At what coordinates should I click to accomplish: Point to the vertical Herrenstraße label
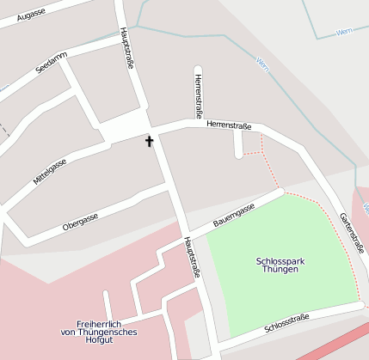[x=199, y=95]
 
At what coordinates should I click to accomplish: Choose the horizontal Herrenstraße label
[x=228, y=125]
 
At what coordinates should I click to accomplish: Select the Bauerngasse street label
[x=233, y=217]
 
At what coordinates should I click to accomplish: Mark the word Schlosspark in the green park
[x=277, y=260]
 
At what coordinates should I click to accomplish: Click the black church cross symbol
[x=149, y=140]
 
